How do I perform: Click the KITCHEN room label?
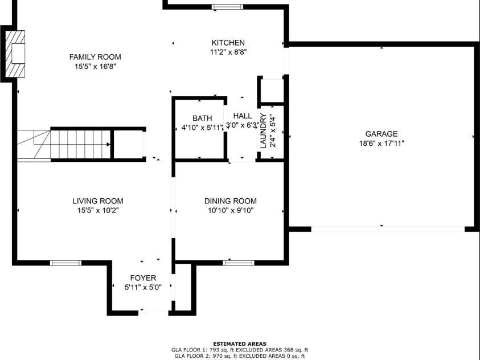point(228,43)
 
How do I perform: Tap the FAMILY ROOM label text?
point(95,57)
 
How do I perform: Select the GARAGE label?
point(381,134)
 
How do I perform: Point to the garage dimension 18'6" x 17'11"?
point(381,144)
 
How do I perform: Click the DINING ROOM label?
point(231,201)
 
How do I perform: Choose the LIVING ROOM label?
point(98,201)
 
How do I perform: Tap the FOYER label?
point(143,278)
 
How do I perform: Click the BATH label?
point(202,118)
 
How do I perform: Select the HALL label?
point(243,116)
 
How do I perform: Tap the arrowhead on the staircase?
point(108,145)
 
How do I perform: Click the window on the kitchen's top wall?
point(227,7)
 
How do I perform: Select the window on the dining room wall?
point(239,263)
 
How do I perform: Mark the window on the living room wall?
point(66,263)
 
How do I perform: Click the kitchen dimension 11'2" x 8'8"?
point(228,52)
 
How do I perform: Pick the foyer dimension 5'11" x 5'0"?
point(143,288)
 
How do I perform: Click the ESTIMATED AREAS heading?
point(240,344)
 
